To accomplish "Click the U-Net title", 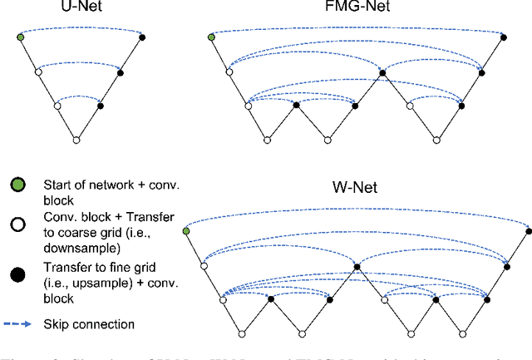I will (81, 9).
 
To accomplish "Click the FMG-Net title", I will (357, 9).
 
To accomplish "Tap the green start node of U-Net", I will (20, 37).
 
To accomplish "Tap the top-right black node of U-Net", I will (141, 37).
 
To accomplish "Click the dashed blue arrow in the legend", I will (19, 324).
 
